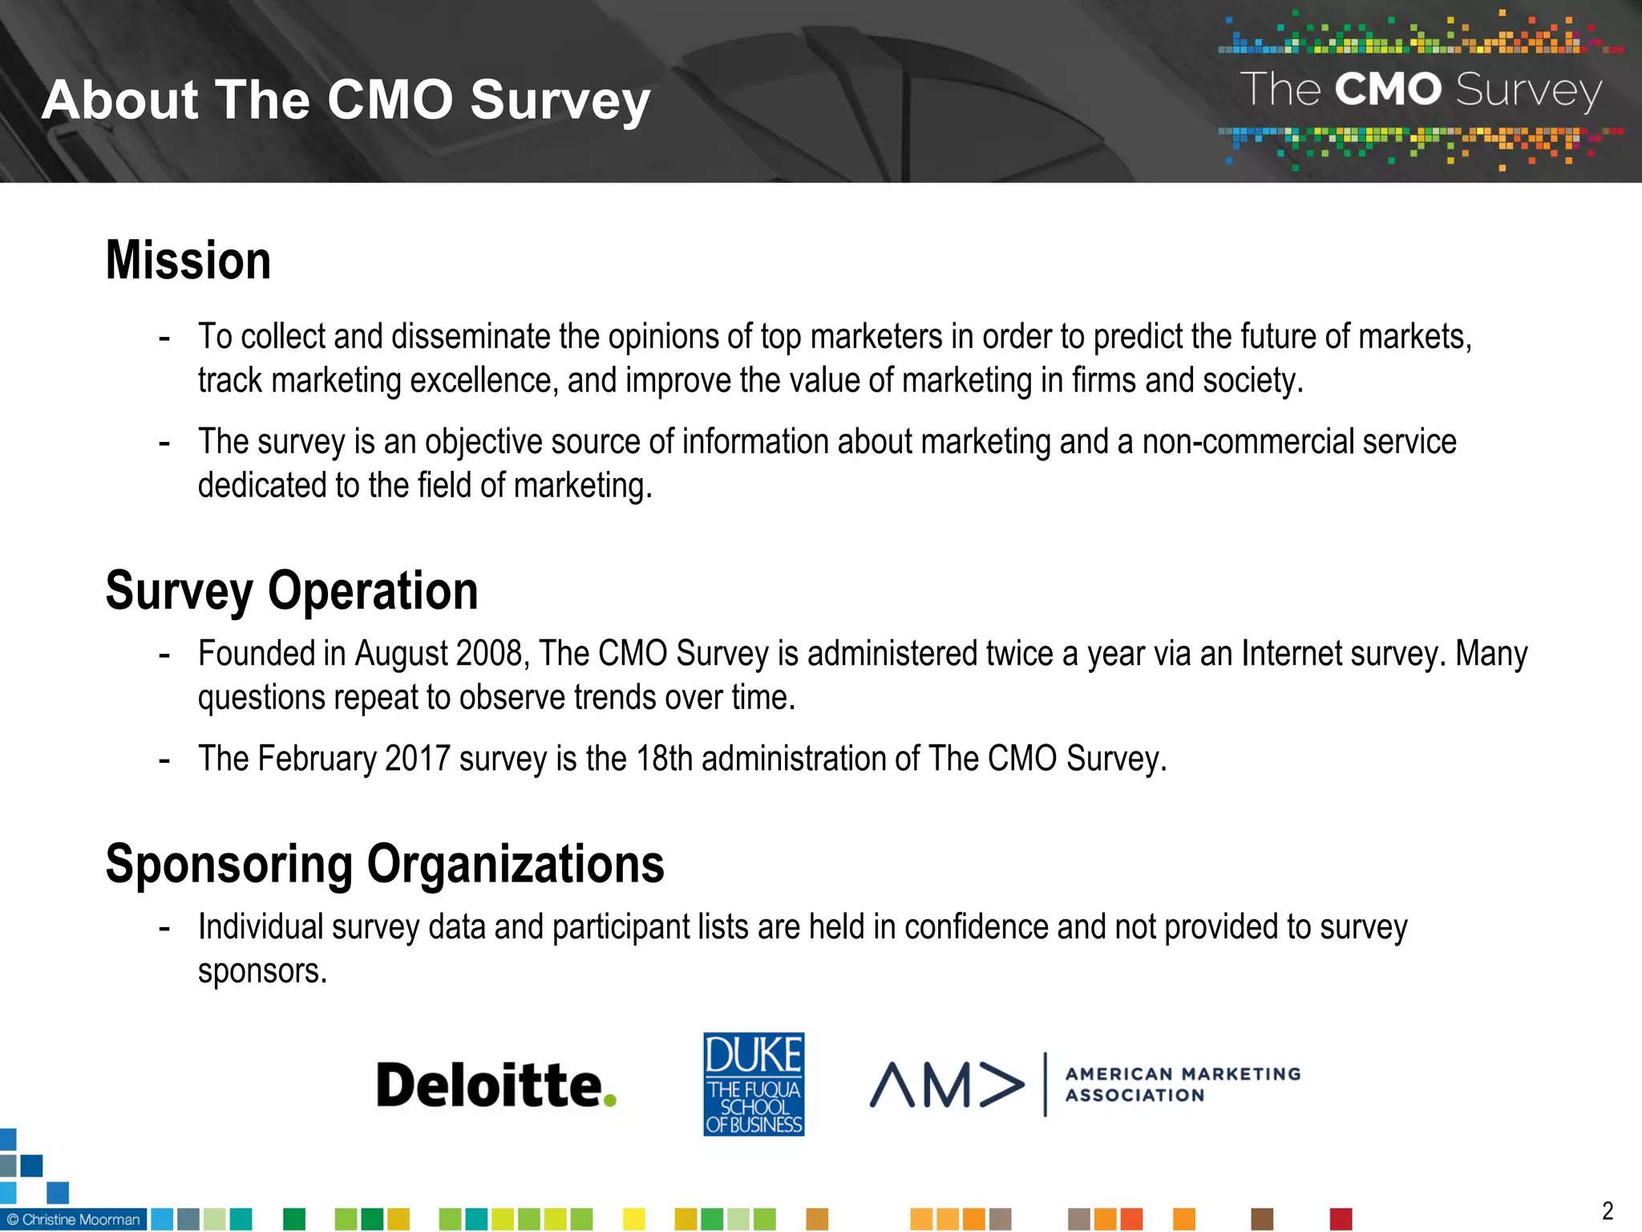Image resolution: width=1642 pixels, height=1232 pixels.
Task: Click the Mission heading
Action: point(188,261)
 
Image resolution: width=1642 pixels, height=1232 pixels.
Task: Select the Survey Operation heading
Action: point(292,591)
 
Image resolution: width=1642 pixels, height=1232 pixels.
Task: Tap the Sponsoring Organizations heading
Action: point(385,865)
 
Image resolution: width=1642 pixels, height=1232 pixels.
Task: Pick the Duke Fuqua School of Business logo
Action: point(754,1084)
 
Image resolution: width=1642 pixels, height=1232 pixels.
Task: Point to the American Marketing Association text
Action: point(1183,1084)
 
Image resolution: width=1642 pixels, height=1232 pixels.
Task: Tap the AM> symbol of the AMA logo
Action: point(947,1085)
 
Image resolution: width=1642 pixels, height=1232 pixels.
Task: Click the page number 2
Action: point(1608,1210)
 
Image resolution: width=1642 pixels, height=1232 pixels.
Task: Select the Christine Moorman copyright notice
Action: point(74,1219)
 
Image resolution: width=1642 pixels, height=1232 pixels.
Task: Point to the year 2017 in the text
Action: point(418,759)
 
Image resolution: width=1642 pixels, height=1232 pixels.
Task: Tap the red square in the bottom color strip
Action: point(1341,1219)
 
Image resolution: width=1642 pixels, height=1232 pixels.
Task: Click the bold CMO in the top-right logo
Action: point(1388,89)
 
